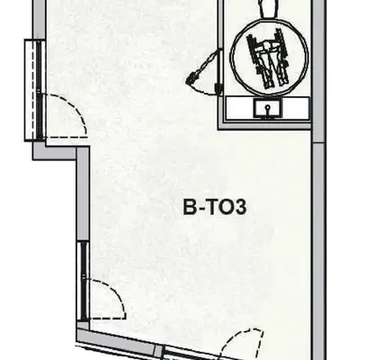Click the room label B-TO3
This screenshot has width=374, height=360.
[215, 207]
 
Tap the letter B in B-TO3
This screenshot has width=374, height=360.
[189, 207]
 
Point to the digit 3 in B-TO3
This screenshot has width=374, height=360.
[241, 207]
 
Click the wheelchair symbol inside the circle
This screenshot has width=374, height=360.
[268, 58]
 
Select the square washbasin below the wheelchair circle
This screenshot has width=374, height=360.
[268, 108]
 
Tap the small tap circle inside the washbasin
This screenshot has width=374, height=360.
[268, 106]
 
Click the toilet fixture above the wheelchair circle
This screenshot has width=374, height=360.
[269, 8]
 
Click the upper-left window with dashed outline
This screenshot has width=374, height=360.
[35, 90]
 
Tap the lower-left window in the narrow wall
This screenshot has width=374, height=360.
[83, 281]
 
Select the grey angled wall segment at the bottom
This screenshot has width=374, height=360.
[116, 340]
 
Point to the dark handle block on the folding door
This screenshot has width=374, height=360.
[218, 88]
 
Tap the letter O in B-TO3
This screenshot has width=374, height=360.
[227, 207]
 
